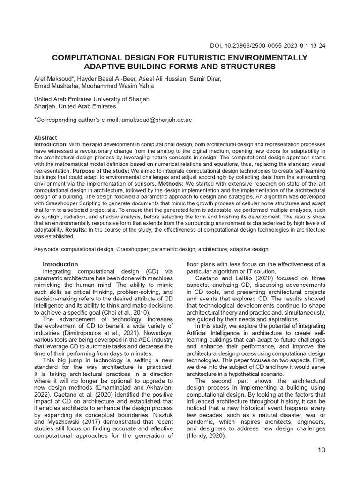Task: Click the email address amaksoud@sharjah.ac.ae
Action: (157, 120)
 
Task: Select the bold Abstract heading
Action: (45, 138)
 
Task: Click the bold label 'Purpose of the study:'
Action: (100, 171)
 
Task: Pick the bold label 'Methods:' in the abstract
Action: (171, 184)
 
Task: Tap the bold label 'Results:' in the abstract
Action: (76, 230)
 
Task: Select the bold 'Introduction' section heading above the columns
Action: (60, 264)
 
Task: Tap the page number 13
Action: (321, 450)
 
